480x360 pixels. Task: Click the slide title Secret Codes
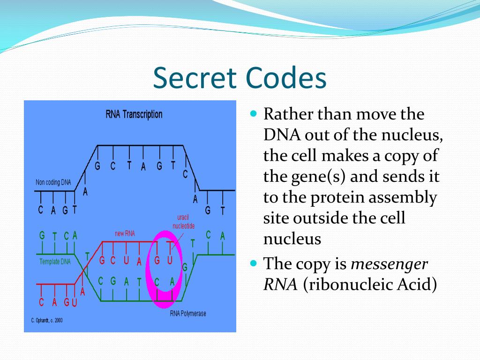pyautogui.click(x=240, y=78)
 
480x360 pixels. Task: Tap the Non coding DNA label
pyautogui.click(x=53, y=182)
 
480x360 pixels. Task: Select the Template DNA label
pyautogui.click(x=55, y=262)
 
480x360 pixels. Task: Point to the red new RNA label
pyautogui.click(x=125, y=233)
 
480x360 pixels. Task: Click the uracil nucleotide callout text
pyautogui.click(x=182, y=222)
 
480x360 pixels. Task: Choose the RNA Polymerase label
pyautogui.click(x=187, y=314)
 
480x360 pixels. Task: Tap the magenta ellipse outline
pyautogui.click(x=148, y=267)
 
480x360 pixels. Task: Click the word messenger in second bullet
pyautogui.click(x=389, y=264)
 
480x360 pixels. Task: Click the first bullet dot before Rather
pyautogui.click(x=254, y=114)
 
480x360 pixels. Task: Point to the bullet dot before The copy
pyautogui.click(x=254, y=263)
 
